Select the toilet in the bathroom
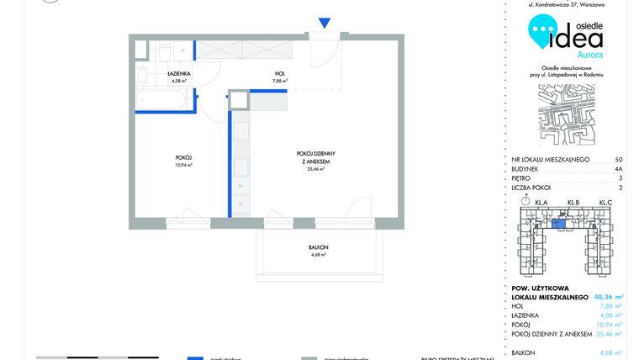167,50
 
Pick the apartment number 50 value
619,159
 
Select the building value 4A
618,169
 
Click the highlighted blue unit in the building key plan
557,223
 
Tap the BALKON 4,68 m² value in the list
611,353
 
